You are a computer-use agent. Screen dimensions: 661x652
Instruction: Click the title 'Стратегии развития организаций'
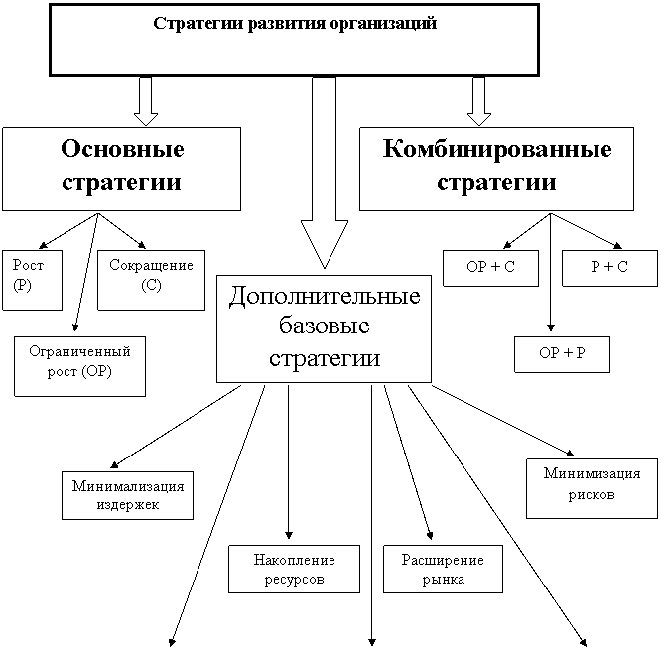295,23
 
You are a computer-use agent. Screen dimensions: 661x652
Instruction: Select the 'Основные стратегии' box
121,169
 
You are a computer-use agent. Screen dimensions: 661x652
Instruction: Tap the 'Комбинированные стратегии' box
496,169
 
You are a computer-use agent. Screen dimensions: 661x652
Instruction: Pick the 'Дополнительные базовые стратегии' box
324,328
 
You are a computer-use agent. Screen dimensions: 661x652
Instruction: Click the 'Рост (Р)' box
32,280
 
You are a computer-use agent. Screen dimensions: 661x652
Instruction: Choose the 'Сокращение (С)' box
151,280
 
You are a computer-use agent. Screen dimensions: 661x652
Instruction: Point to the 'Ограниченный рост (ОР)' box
79,366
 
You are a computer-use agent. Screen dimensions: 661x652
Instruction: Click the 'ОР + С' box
490,268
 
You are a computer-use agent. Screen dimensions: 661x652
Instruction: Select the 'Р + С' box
609,268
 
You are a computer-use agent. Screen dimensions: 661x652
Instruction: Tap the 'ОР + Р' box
562,354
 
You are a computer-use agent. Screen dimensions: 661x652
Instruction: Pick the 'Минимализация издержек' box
127,495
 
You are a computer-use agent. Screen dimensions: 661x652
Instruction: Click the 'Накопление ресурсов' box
294,569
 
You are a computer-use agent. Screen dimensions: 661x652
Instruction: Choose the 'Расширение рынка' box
443,569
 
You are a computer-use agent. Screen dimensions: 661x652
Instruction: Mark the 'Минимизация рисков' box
592,488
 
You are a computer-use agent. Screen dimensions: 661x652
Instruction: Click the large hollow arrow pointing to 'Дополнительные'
325,173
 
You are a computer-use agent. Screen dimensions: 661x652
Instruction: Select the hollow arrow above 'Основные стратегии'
146,101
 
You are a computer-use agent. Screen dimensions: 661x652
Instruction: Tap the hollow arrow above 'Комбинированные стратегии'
479,101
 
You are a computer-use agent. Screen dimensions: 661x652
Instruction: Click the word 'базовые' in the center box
325,326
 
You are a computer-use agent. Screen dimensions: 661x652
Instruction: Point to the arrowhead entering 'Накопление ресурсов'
289,535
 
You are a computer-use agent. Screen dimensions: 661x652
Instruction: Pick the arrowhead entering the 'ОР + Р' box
550,327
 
